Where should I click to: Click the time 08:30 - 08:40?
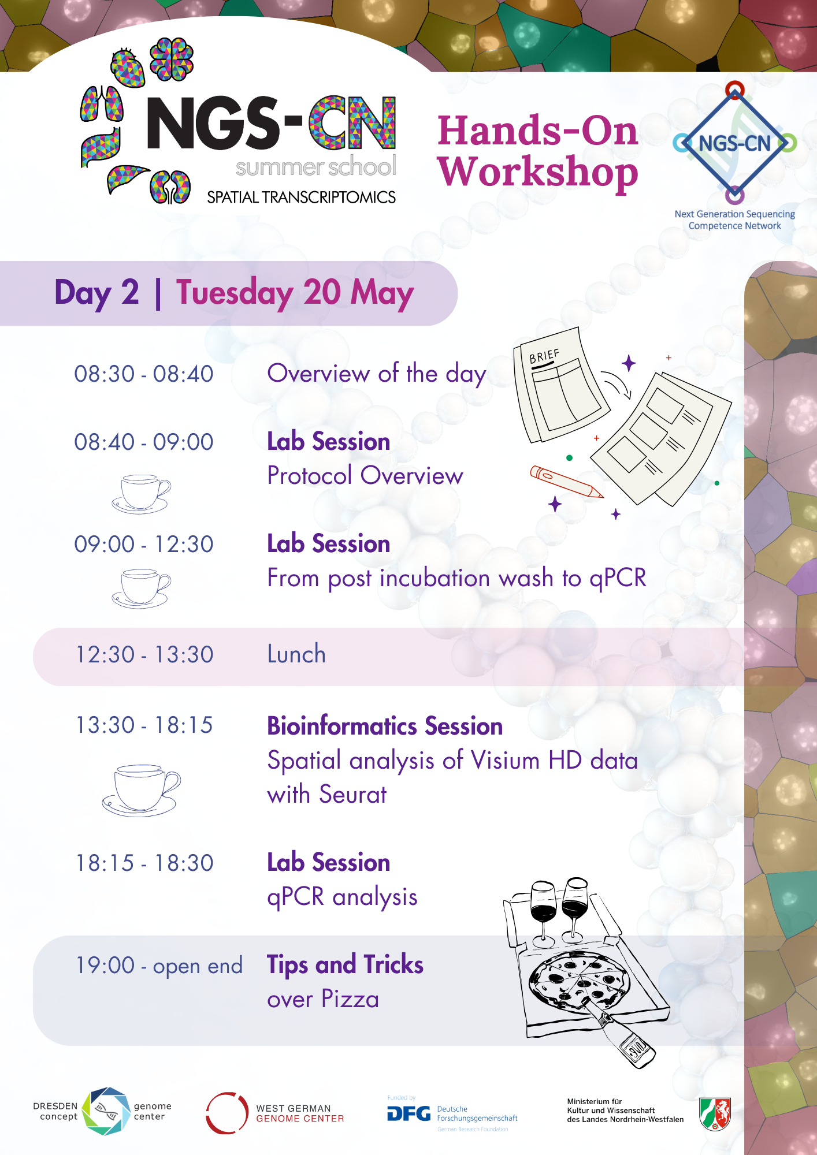click(144, 374)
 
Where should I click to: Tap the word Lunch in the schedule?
click(296, 654)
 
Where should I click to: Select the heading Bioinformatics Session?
click(385, 726)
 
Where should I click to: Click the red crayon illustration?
click(566, 482)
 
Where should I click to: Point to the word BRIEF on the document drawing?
click(544, 356)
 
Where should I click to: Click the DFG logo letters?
click(408, 1113)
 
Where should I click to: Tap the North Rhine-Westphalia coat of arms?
click(715, 1114)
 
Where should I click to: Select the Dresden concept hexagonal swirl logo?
click(106, 1111)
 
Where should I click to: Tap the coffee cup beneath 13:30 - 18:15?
click(141, 790)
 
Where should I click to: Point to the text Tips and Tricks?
click(345, 965)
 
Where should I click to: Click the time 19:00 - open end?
click(159, 966)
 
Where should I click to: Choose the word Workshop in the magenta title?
click(538, 172)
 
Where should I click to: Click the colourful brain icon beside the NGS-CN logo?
click(172, 59)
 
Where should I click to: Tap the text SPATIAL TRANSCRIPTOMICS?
click(302, 198)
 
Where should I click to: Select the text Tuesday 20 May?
click(295, 293)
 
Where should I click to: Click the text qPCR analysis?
click(342, 897)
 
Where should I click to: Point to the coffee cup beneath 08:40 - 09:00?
click(141, 494)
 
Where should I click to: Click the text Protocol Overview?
click(365, 476)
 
